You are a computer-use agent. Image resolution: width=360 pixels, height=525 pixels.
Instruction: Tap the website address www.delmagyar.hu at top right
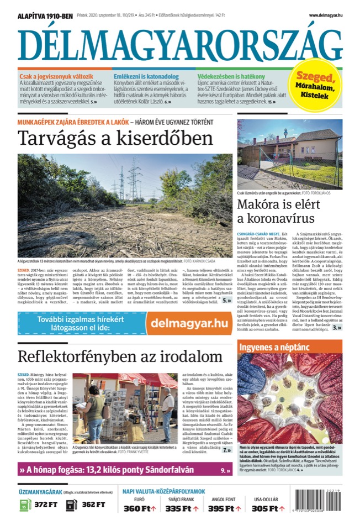[325, 14]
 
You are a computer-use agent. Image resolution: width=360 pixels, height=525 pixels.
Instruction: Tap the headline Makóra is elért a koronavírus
[280, 212]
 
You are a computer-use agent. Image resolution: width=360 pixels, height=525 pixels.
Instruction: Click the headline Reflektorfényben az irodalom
[120, 356]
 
